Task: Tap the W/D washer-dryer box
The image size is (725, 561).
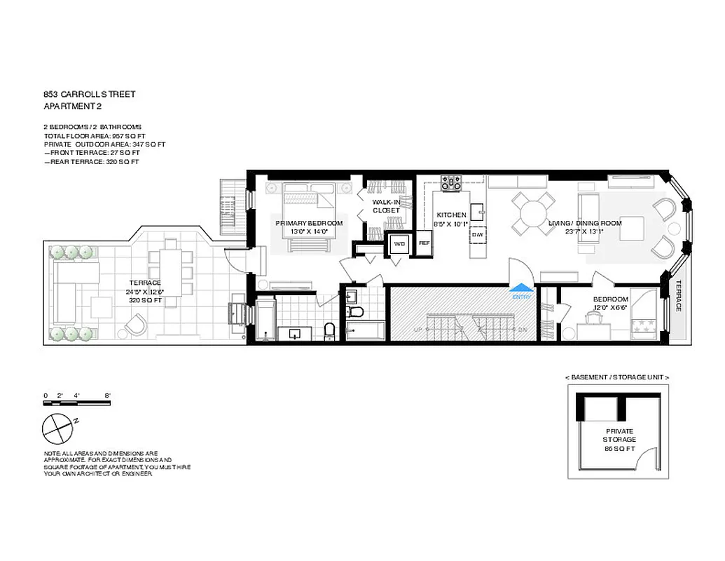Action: pos(399,244)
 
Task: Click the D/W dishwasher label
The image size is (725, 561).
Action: pos(478,234)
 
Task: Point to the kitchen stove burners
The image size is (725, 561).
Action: pos(450,183)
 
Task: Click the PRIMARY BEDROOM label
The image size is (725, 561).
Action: pos(309,223)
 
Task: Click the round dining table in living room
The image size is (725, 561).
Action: pos(531,212)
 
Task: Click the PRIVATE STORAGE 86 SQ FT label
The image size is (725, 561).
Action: pos(619,440)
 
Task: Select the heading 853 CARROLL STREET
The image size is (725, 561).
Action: pos(89,93)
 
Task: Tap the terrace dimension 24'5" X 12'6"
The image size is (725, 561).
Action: pos(145,292)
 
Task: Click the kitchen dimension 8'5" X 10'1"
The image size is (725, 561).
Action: pos(451,224)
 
